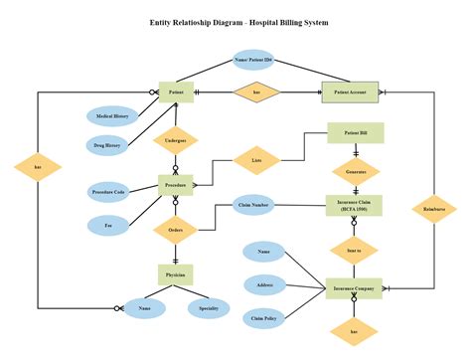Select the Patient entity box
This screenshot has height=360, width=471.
pos(176,92)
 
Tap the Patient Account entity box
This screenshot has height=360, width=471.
pos(350,92)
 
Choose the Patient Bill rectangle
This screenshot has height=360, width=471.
pos(356,133)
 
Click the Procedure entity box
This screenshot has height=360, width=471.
pos(176,185)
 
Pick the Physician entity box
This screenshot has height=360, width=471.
pos(176,272)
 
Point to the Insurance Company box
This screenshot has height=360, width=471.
pos(356,289)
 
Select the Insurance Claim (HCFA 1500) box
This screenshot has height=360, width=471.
pos(356,205)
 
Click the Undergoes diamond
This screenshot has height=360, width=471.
pos(176,142)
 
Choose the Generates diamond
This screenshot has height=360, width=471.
pos(356,170)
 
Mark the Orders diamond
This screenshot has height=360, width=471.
pos(176,230)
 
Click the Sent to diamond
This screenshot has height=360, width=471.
pos(356,250)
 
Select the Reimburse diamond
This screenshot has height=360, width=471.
pos(433,210)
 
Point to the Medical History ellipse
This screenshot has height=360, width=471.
pos(111,116)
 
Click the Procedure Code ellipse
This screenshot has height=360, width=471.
pos(108,191)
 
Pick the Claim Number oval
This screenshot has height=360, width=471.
pos(253,206)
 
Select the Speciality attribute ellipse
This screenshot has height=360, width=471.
pos(210,308)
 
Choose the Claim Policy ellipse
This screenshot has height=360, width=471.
pos(264,318)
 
